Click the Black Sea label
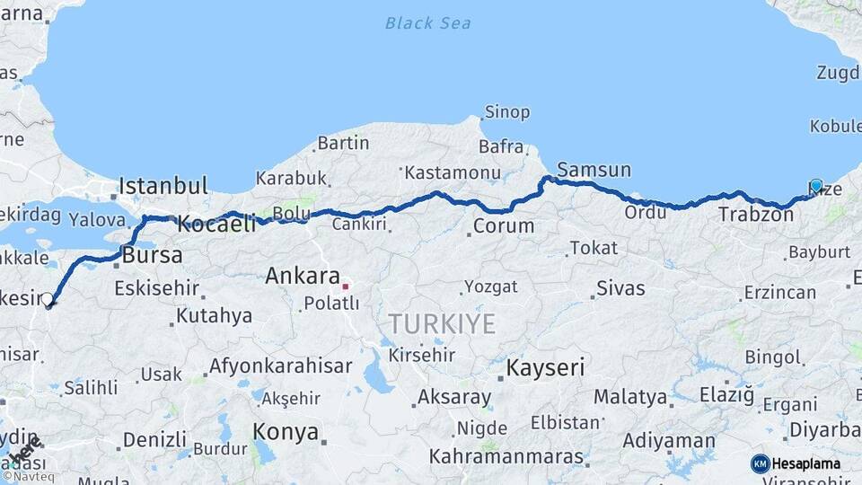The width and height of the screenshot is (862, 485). point(427,22)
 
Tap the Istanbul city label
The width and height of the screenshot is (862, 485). point(163,187)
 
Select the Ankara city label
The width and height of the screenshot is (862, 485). point(303,277)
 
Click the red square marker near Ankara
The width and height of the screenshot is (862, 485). point(346,287)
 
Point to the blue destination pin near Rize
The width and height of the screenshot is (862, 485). point(815,187)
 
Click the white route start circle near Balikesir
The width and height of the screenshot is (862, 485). point(48,300)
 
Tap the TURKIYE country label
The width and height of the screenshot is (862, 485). point(441,323)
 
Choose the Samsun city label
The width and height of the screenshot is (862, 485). point(594,170)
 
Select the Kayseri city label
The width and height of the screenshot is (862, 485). point(545,367)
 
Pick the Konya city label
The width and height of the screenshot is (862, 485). point(286,432)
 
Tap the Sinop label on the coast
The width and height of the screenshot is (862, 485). point(507,112)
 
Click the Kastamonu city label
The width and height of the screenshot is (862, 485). point(452,172)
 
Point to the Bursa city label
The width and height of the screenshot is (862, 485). point(152,255)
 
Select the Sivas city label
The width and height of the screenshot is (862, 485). point(620,288)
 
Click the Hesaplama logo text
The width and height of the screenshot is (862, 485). point(806,463)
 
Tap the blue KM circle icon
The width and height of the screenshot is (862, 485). point(760,463)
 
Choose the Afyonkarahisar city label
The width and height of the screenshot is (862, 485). point(280,366)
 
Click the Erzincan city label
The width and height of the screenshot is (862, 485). point(780,293)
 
